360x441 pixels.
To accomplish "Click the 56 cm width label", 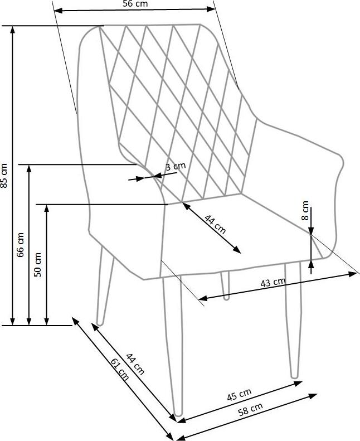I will [135, 4].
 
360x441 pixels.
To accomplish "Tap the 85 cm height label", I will [4, 175].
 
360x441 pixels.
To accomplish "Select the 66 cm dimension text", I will [21, 244].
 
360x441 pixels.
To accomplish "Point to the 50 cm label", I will [38, 264].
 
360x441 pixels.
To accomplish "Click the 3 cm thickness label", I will [176, 166].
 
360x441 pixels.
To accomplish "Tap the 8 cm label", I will [305, 211].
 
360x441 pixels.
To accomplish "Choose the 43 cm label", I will [273, 283].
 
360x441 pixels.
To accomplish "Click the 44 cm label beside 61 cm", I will [134, 364].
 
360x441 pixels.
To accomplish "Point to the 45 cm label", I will [239, 395].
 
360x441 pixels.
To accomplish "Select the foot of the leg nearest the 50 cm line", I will [100, 322].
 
